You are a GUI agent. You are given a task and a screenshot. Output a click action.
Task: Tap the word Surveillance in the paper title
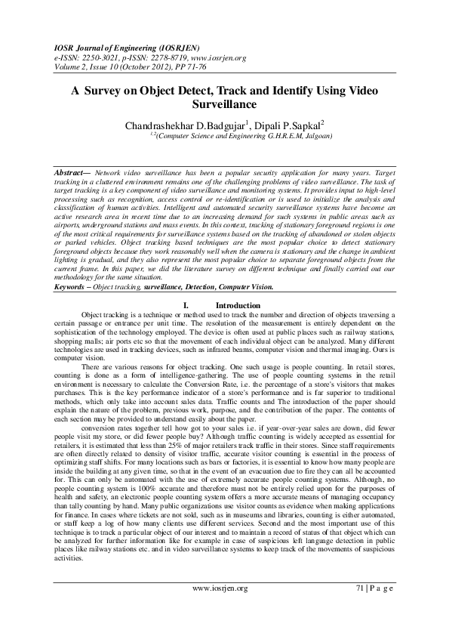coord(225,103)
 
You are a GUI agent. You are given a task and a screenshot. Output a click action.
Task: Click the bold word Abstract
coord(69,173)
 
